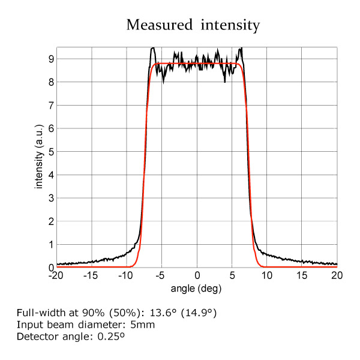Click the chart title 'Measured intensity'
coord(193,25)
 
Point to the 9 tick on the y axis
coord(52,59)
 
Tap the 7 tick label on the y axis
coord(52,106)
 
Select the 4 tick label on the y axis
coord(52,175)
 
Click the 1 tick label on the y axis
coord(52,245)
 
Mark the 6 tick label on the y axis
coord(52,128)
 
